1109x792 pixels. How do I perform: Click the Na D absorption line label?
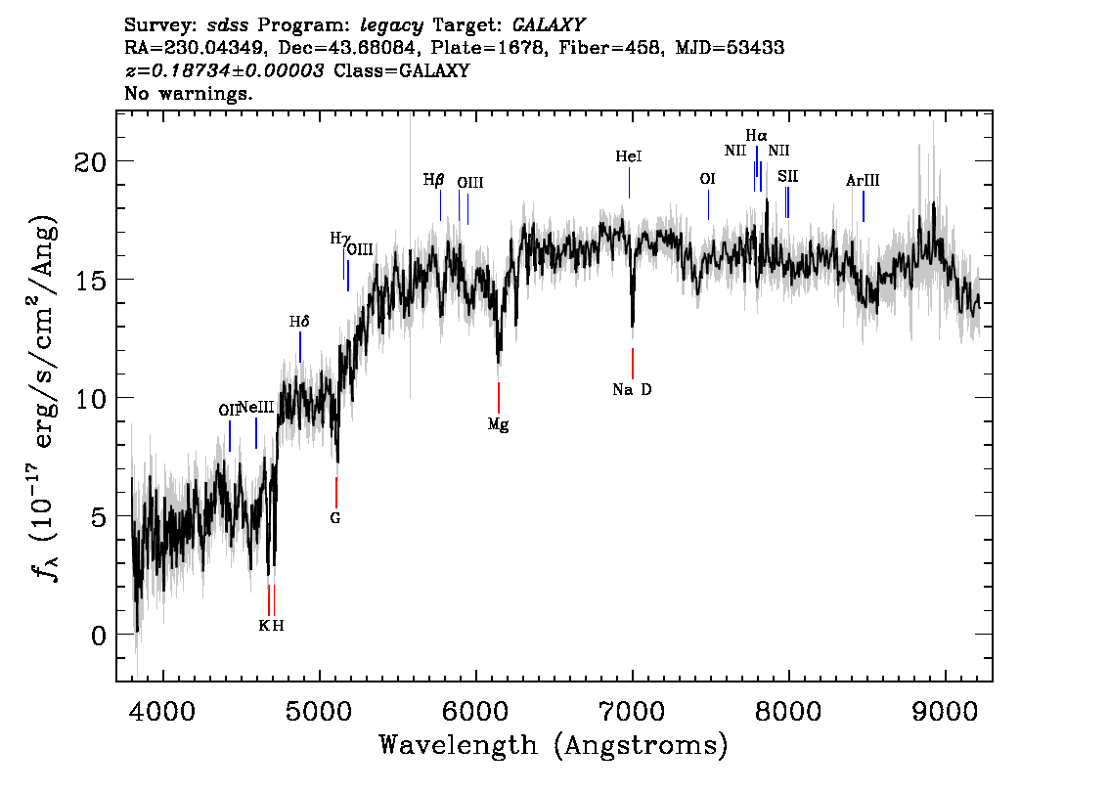632,390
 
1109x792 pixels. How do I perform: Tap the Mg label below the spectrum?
498,425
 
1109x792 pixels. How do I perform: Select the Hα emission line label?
756,136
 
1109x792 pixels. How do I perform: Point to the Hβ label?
433,180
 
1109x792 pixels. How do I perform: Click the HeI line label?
629,156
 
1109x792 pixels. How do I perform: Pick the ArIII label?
863,181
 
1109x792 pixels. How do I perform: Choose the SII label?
787,176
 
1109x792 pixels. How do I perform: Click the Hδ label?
299,322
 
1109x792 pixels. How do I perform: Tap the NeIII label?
256,407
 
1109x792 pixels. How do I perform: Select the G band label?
335,518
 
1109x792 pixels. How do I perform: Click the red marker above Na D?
633,363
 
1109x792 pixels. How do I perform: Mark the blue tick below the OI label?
708,205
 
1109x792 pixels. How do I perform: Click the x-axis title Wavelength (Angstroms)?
554,746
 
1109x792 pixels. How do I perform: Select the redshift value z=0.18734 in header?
225,71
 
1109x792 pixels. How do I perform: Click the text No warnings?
189,94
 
